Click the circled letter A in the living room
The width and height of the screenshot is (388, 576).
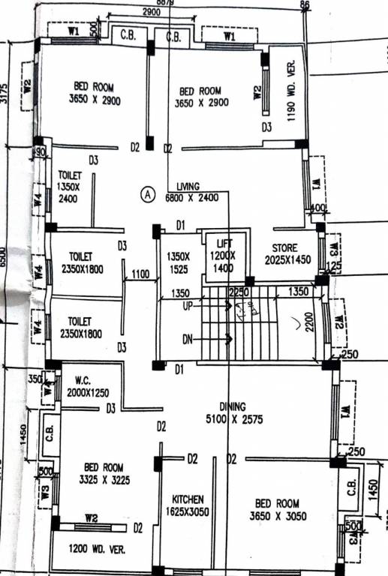pyautogui.click(x=148, y=194)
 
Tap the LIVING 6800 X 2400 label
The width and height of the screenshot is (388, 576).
pyautogui.click(x=197, y=192)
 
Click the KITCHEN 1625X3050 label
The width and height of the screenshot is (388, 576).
pyautogui.click(x=188, y=505)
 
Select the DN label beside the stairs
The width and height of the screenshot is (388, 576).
pyautogui.click(x=188, y=340)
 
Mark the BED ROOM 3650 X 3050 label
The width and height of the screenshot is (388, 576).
pyautogui.click(x=277, y=509)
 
